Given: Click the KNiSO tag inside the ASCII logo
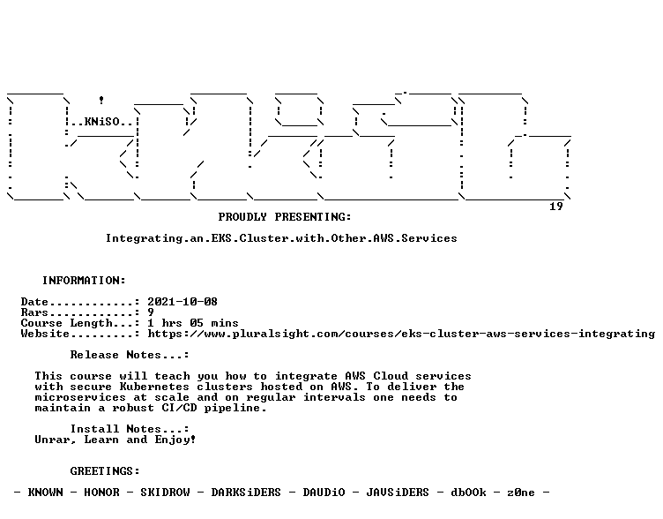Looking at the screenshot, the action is [102, 122].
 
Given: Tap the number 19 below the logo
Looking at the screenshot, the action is [556, 207].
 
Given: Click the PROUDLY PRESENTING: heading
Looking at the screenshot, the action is [285, 217].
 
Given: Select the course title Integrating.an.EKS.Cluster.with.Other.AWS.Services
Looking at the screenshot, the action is [281, 238].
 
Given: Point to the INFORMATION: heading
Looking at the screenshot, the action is [84, 281].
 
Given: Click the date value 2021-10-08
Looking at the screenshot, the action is [183, 302].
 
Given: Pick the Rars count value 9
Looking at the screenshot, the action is [151, 312].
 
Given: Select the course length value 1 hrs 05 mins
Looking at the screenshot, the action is [193, 323].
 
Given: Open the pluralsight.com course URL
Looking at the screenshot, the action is [401, 334].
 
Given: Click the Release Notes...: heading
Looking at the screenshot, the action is [130, 355].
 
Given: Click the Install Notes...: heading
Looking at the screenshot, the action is [130, 429].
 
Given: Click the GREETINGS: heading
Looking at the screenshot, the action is [105, 471].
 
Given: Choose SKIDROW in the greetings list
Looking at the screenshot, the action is [165, 493].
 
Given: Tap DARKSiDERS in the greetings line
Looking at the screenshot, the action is [246, 493].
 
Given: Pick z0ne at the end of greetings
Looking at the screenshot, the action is [521, 493].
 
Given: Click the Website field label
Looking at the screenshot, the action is [45, 334].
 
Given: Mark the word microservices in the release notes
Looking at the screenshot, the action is [80, 397].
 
